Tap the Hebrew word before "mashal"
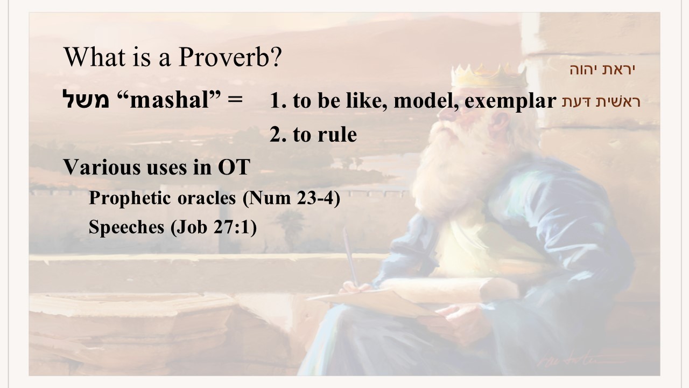86,99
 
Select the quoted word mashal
169,100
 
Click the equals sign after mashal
235,100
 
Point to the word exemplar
510,100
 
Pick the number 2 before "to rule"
276,134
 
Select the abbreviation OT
234,167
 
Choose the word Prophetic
130,198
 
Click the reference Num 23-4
291,198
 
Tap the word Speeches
126,227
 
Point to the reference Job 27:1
214,227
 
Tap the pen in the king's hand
350,258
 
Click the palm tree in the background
290,228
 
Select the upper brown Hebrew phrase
602,70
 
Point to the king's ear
499,123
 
